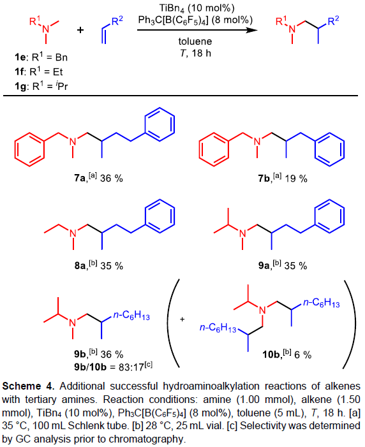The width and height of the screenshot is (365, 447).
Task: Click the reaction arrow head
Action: pos(252,29)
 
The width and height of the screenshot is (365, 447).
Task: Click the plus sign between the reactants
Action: pos(80,29)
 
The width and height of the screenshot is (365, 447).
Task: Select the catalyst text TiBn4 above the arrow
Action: pos(172,8)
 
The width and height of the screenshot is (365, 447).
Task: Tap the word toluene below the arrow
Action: pos(195,41)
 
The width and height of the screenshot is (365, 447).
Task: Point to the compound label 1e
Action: pos(20,57)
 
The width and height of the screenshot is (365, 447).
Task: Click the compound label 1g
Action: pos(20,86)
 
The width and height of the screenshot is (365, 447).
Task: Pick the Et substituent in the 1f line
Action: pos(58,72)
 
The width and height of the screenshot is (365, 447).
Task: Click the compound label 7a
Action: pos(80,179)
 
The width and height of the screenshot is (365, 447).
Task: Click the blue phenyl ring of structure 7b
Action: pos(330,149)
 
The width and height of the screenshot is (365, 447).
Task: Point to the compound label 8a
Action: pos(80,266)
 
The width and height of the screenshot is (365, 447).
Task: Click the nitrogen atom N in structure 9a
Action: pos(242,233)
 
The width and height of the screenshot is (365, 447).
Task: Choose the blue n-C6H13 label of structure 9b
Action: pos(131,315)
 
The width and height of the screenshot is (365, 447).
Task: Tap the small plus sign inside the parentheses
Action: pos(182,319)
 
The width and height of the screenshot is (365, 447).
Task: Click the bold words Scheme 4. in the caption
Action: pos(28,386)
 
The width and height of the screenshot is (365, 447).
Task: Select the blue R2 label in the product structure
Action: pos(333,20)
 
